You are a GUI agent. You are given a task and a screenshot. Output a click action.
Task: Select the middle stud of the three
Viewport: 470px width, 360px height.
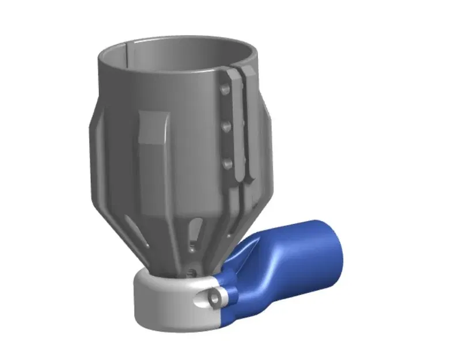point(226,124)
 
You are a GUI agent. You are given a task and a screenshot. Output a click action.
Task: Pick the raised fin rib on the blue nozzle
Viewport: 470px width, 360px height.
point(242,254)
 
